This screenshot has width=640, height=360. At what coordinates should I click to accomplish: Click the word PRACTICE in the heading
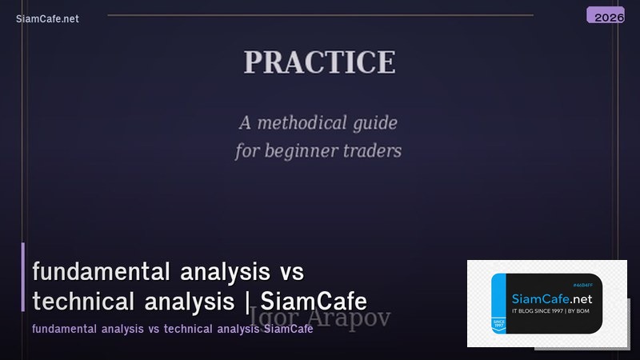(319, 62)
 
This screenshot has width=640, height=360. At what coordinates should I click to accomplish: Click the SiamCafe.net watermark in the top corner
(47, 19)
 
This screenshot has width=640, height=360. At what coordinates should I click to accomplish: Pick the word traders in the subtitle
(373, 150)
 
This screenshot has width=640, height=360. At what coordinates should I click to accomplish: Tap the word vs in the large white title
(293, 272)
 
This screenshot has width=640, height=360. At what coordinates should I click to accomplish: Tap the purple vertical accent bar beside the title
(23, 277)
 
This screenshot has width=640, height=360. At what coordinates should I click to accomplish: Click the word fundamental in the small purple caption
(61, 330)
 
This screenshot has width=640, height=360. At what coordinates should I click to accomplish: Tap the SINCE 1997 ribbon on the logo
(498, 323)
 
